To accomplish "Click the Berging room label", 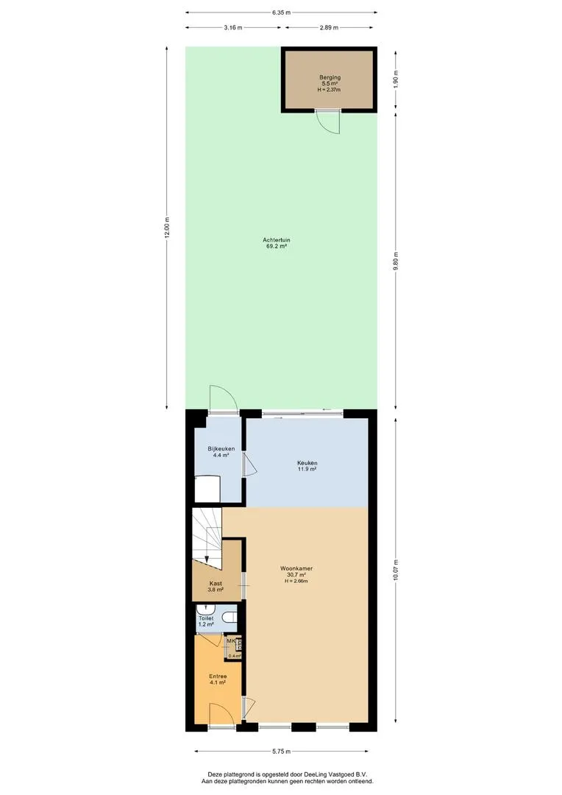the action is [x=330, y=77].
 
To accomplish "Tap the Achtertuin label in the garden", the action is [x=276, y=240].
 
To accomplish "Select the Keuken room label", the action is [x=307, y=463].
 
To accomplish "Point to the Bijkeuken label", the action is [x=221, y=449].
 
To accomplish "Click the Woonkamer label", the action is [x=296, y=568].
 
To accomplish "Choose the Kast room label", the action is [x=216, y=584].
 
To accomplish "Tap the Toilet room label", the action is [x=206, y=618].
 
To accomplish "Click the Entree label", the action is [x=218, y=676].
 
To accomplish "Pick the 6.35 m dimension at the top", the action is [x=281, y=13].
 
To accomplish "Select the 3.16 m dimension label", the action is [x=233, y=27].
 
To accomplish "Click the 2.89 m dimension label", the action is [x=329, y=27].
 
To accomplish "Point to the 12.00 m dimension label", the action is [x=168, y=227].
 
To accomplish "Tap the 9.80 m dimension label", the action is [x=396, y=261].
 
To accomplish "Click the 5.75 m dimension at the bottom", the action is [x=281, y=752].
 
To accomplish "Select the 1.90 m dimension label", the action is [x=396, y=78].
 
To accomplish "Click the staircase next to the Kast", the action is [x=207, y=537].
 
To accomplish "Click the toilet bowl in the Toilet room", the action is [x=231, y=618].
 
